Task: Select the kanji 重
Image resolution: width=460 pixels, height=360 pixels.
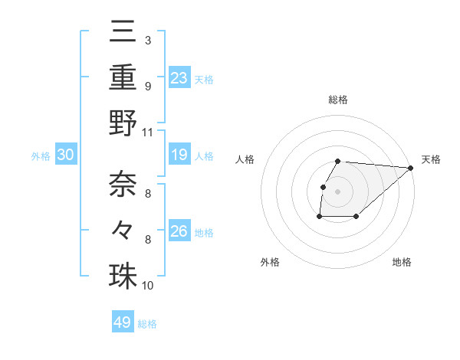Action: coord(123,77)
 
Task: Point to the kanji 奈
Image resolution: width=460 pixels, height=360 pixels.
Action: coord(123,182)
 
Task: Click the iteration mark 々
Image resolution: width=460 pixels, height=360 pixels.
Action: coord(123,228)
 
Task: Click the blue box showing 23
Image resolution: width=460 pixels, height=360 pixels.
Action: coord(179,78)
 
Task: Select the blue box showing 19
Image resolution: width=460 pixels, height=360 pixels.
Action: coord(179,155)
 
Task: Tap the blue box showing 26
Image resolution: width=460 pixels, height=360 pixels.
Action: coord(179,231)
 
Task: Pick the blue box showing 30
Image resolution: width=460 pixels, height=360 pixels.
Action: coord(65,155)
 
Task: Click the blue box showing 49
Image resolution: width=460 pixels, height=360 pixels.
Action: coord(123,322)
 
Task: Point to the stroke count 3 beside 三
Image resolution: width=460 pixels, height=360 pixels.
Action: coord(147,40)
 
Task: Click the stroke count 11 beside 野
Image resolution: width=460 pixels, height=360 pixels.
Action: coord(148,131)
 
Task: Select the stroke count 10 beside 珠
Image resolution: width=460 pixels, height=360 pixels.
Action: coord(148,286)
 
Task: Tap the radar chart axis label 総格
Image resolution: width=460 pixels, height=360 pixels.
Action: coord(338,100)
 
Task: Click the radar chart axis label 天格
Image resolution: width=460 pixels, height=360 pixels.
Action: coord(431,159)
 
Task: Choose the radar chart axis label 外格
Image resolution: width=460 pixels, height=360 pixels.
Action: coord(270,262)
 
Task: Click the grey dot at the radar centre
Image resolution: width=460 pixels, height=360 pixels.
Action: coord(338,191)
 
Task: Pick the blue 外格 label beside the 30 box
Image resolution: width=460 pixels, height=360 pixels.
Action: coord(41,156)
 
